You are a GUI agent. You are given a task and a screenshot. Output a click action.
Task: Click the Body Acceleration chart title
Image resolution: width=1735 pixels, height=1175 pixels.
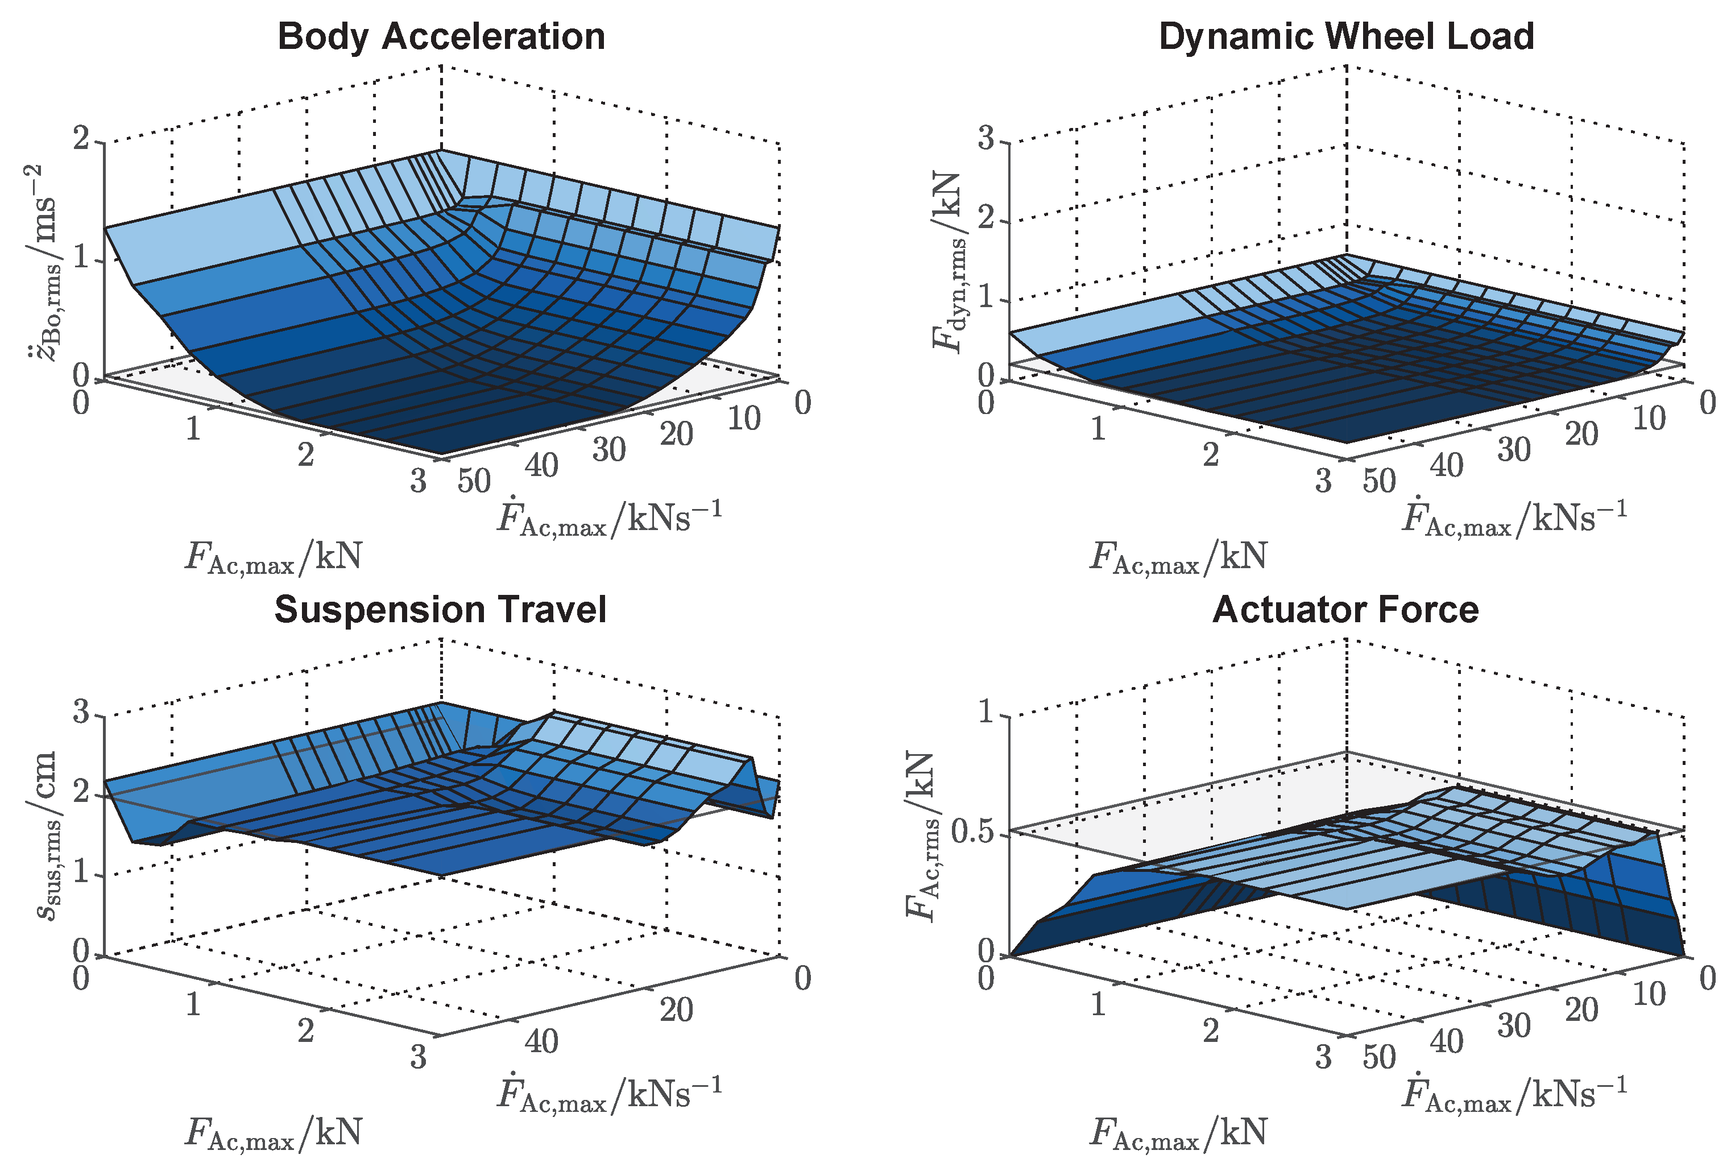pyautogui.click(x=441, y=36)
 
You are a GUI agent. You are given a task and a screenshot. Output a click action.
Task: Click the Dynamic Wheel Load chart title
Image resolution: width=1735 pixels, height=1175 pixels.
pyautogui.click(x=1346, y=36)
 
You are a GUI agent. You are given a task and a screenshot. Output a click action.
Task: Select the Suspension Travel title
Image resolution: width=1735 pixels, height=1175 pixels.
pyautogui.click(x=441, y=610)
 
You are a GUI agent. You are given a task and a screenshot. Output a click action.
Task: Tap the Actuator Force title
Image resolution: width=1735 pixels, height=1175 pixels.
pyautogui.click(x=1345, y=610)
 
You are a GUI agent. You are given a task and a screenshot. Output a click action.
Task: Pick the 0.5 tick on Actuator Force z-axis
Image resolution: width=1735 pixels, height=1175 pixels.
pyautogui.click(x=974, y=831)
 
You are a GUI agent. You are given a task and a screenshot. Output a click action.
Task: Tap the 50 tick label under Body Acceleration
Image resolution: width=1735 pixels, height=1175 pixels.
pyautogui.click(x=474, y=482)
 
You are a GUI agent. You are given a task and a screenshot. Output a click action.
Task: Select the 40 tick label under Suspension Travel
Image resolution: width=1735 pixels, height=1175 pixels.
pyautogui.click(x=541, y=1041)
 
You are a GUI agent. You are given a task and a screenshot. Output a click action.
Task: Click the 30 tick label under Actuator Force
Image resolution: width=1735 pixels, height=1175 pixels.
pyautogui.click(x=1513, y=1025)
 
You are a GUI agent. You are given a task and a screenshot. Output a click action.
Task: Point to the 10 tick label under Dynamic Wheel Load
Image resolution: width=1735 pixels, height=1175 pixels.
pyautogui.click(x=1649, y=419)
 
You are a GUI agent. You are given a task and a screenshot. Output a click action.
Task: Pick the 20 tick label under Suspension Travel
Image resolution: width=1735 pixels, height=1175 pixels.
pyautogui.click(x=676, y=1010)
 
